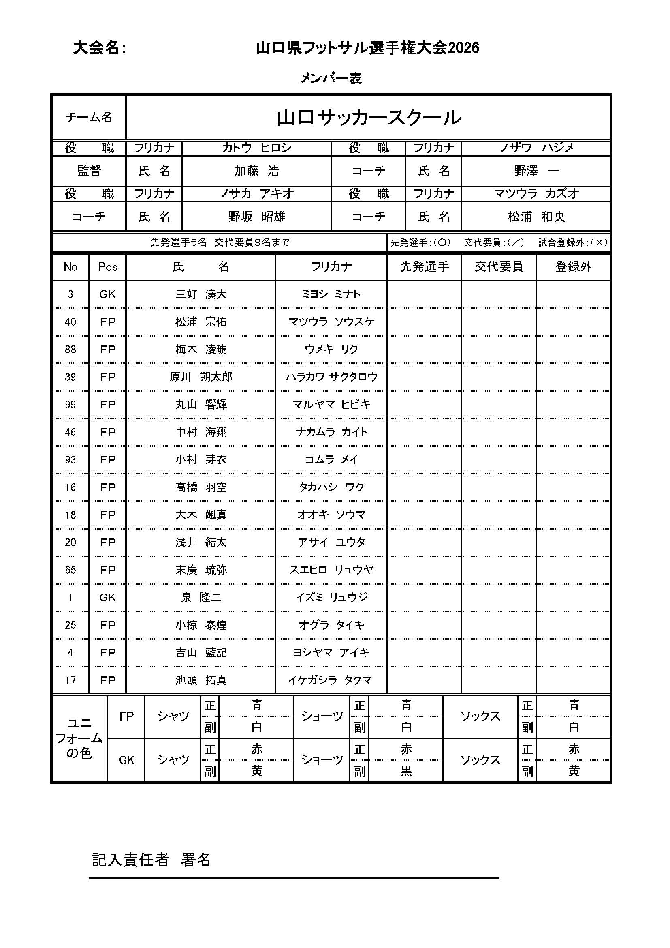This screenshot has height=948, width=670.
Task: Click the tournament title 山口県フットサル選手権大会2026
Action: pyautogui.click(x=367, y=48)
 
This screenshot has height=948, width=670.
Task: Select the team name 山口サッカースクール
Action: pyautogui.click(x=368, y=118)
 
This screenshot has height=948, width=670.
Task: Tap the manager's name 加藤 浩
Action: pyautogui.click(x=256, y=171)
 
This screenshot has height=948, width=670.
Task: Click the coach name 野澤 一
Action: pyautogui.click(x=536, y=171)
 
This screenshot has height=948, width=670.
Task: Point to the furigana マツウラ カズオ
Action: pyautogui.click(x=536, y=194)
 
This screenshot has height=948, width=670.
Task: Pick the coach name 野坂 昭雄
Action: pyautogui.click(x=256, y=217)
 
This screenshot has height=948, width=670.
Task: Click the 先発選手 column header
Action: pyautogui.click(x=424, y=267)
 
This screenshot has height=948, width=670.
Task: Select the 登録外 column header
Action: pyautogui.click(x=573, y=267)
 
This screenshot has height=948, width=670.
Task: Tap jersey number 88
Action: pyautogui.click(x=70, y=350)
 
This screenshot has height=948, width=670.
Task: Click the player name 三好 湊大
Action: pyautogui.click(x=201, y=294)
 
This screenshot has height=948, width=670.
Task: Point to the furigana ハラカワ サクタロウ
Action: pyautogui.click(x=331, y=377)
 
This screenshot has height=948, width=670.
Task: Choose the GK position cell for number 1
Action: pyautogui.click(x=107, y=597)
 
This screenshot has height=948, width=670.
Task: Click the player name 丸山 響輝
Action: pyautogui.click(x=201, y=405)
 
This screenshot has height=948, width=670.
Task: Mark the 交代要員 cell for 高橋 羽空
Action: pyautogui.click(x=498, y=487)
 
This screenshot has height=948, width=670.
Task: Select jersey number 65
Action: pyautogui.click(x=70, y=570)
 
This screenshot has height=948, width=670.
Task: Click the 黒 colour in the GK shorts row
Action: pyautogui.click(x=406, y=771)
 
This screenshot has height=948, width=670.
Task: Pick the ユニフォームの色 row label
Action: pyautogui.click(x=79, y=738)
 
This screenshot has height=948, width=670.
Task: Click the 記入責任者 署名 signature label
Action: pyautogui.click(x=151, y=860)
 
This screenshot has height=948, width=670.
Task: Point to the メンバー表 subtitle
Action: pyautogui.click(x=331, y=78)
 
